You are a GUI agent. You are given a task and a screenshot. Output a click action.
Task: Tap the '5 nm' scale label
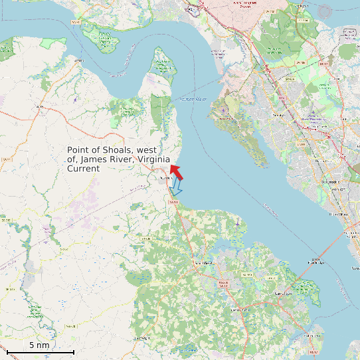39,345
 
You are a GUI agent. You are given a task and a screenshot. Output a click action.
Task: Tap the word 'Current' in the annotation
83,169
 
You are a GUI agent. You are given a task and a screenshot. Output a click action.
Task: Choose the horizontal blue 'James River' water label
193,100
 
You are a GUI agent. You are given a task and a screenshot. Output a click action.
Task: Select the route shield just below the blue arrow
175,201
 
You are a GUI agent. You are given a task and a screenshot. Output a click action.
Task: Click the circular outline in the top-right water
325,11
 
